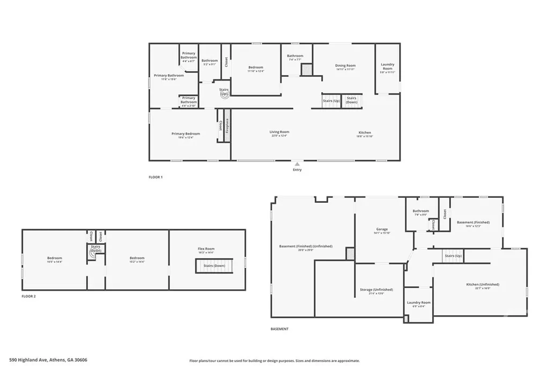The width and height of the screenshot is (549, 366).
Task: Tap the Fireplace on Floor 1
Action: [x=227, y=129]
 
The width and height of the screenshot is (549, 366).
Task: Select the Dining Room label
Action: [x=345, y=67]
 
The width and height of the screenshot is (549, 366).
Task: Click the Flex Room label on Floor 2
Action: [x=206, y=250]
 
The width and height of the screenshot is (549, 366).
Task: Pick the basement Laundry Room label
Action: [x=418, y=304]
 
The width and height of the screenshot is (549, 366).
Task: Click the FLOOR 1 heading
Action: [x=155, y=177]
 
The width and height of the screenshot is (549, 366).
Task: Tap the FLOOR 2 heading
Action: [x=28, y=296]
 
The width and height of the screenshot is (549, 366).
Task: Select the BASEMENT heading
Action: [x=279, y=329]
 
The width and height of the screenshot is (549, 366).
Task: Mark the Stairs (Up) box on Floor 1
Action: [x=331, y=101]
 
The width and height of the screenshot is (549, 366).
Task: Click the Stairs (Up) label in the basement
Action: [x=453, y=256]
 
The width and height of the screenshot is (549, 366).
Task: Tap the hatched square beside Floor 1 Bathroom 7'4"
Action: [x=306, y=70]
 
